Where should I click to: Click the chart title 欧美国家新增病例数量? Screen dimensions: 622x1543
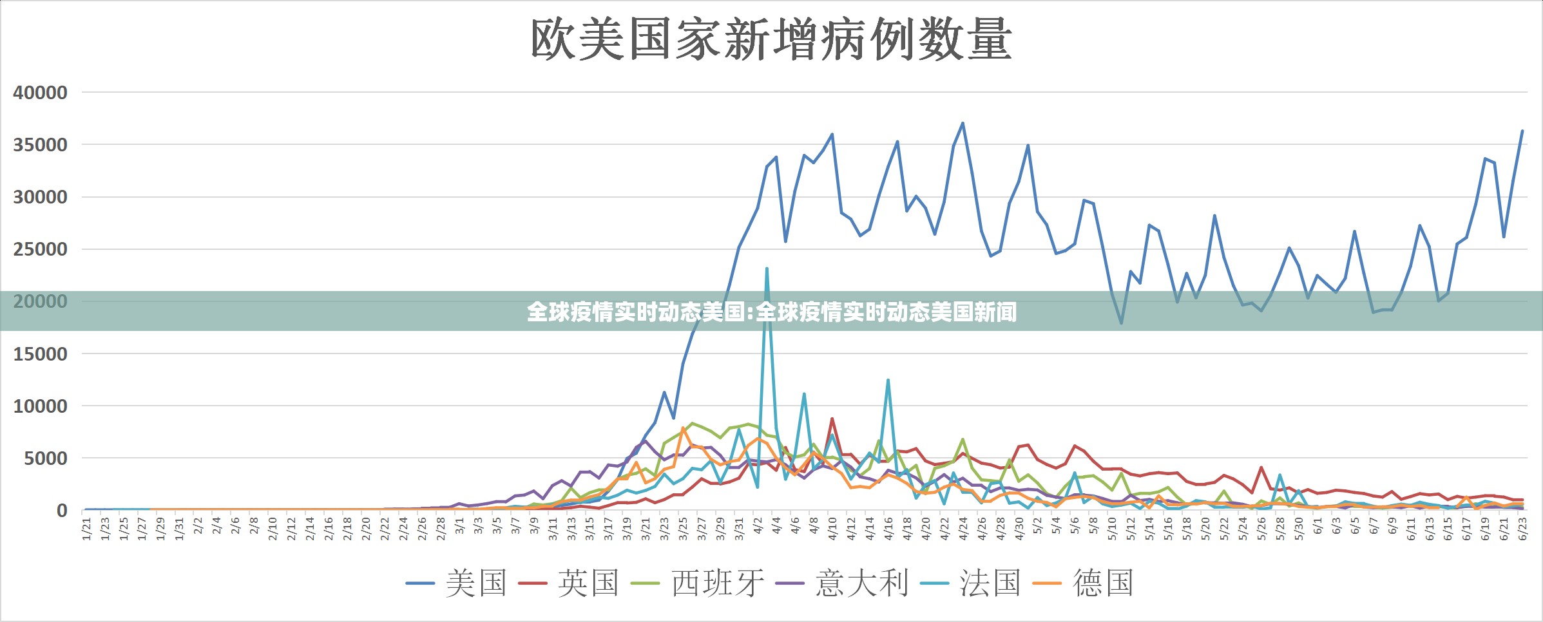[x=771, y=40]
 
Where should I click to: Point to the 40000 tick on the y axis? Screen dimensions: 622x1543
[x=40, y=93]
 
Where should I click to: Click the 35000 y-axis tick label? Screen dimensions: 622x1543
[x=40, y=145]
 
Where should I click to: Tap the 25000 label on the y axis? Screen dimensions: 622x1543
[x=40, y=249]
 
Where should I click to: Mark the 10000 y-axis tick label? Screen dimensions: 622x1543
[x=40, y=406]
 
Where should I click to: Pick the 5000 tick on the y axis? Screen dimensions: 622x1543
[x=45, y=458]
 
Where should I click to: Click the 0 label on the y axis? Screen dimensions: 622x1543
[x=62, y=511]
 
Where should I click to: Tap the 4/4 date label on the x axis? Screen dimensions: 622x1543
[x=777, y=526]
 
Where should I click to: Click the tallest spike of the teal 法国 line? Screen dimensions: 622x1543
[x=767, y=269]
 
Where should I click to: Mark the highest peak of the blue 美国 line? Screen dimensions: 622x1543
[x=963, y=123]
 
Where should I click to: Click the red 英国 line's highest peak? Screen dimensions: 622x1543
[x=832, y=419]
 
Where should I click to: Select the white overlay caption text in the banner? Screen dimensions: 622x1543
[x=771, y=312]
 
